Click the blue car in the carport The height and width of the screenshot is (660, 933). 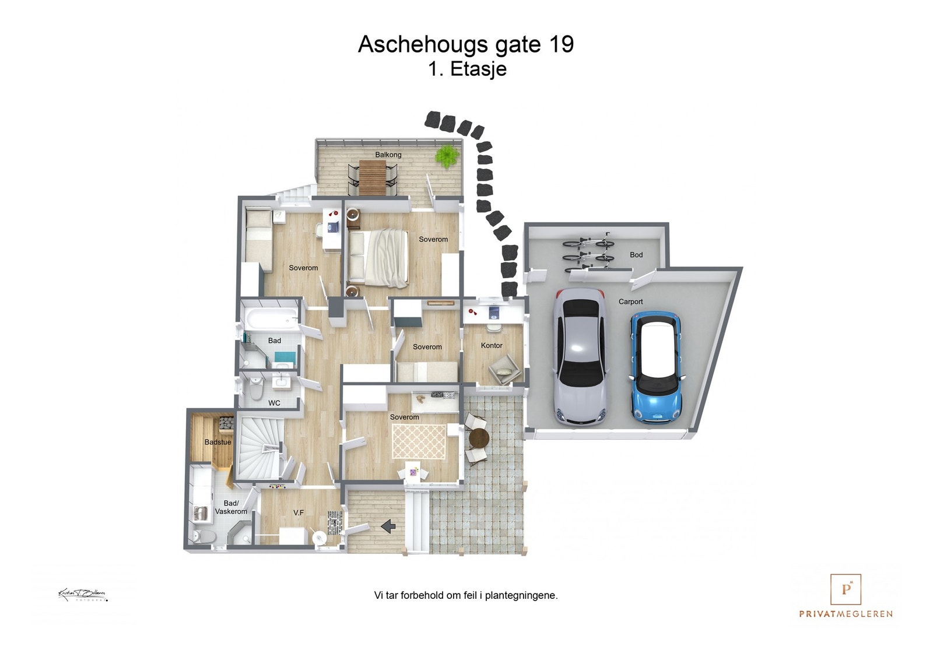[x=657, y=367]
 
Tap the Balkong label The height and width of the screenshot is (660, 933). [x=388, y=155]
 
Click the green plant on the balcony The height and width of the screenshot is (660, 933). [x=447, y=156]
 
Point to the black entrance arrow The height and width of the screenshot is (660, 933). [x=388, y=526]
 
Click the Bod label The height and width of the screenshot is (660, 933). [x=636, y=255]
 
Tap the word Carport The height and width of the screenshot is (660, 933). [x=630, y=301]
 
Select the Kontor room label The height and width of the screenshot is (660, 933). [x=492, y=345]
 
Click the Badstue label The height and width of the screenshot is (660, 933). [x=218, y=442]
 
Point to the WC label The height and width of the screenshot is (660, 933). [x=274, y=403]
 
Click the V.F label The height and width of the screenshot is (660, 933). [x=299, y=512]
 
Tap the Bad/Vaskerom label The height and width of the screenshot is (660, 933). [x=231, y=507]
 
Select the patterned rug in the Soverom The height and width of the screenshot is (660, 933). [x=419, y=441]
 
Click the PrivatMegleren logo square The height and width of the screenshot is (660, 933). [x=846, y=589]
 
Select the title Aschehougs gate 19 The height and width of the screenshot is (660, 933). [x=465, y=44]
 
